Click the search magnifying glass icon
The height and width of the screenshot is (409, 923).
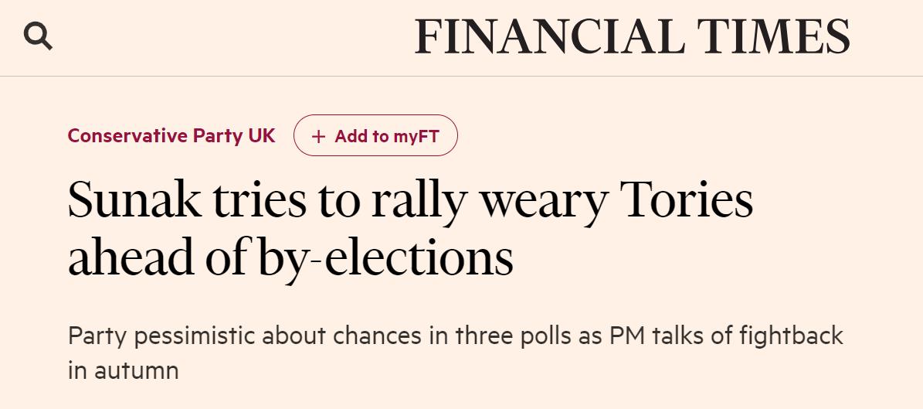38,36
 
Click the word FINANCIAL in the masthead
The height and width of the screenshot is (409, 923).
549,37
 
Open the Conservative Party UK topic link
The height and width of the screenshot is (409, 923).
171,135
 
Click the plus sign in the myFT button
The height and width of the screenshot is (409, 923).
318,137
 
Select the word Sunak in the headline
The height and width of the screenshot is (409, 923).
134,199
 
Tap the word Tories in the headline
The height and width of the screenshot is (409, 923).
687,199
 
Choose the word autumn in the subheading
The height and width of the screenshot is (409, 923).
137,370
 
